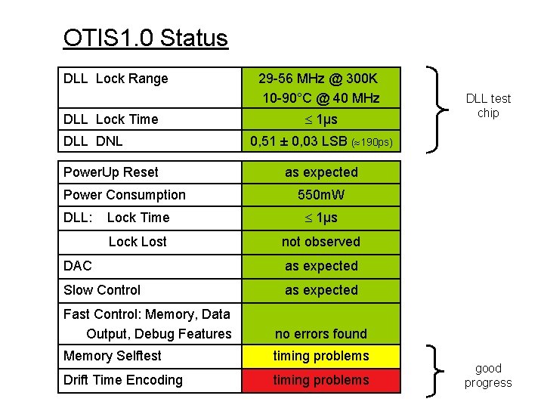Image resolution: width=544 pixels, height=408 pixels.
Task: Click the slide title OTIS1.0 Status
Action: (145, 38)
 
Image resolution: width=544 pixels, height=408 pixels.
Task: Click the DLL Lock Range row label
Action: (116, 79)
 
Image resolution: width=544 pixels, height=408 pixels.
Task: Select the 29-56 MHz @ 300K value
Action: (318, 79)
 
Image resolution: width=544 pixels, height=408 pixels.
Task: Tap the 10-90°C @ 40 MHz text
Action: (321, 98)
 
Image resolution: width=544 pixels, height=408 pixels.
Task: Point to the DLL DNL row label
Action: (93, 141)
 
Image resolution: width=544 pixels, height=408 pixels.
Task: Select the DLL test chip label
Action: (488, 106)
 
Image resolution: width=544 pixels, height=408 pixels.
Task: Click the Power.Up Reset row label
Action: (111, 172)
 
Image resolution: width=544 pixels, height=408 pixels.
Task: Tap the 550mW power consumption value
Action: (321, 195)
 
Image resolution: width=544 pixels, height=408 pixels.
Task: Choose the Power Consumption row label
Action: (125, 195)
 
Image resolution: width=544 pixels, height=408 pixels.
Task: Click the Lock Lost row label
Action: (138, 242)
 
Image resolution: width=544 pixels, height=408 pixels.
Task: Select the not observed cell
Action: (321, 242)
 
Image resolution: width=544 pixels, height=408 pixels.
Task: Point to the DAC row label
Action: (78, 266)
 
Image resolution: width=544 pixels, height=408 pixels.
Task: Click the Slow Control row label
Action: (102, 290)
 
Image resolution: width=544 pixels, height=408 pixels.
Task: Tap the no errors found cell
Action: (321, 334)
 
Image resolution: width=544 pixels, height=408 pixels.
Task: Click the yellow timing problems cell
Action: (321, 356)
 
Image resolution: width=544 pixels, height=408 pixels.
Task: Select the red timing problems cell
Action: (321, 380)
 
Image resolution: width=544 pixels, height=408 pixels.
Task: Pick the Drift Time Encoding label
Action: (123, 380)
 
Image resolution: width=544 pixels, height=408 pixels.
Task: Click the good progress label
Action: (488, 376)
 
